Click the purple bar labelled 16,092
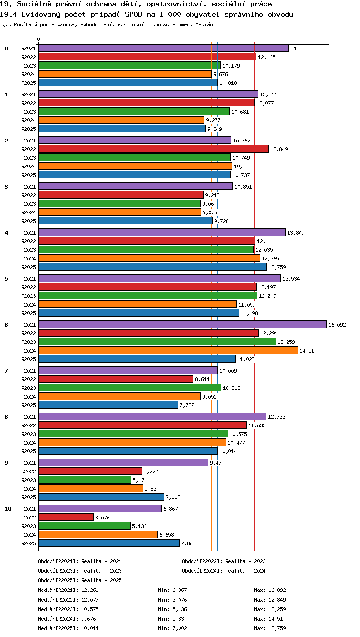[x=183, y=324]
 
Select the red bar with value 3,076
[x=66, y=517]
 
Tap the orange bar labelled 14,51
[x=168, y=350]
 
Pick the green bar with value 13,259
[x=157, y=342]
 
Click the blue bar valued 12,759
[x=153, y=267]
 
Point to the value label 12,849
[x=279, y=149]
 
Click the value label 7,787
[x=187, y=405]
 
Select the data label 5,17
[x=138, y=480]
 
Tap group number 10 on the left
[x=8, y=509]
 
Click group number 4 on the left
[x=6, y=233]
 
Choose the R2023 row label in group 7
[x=28, y=388]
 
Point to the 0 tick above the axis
[x=39, y=39]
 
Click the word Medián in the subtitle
[x=204, y=25]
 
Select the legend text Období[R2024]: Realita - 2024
[x=224, y=571]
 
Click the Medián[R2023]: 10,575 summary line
[x=68, y=609]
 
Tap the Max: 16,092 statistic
[x=270, y=590]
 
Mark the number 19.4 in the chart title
[x=9, y=14]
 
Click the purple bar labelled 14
[x=164, y=48]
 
